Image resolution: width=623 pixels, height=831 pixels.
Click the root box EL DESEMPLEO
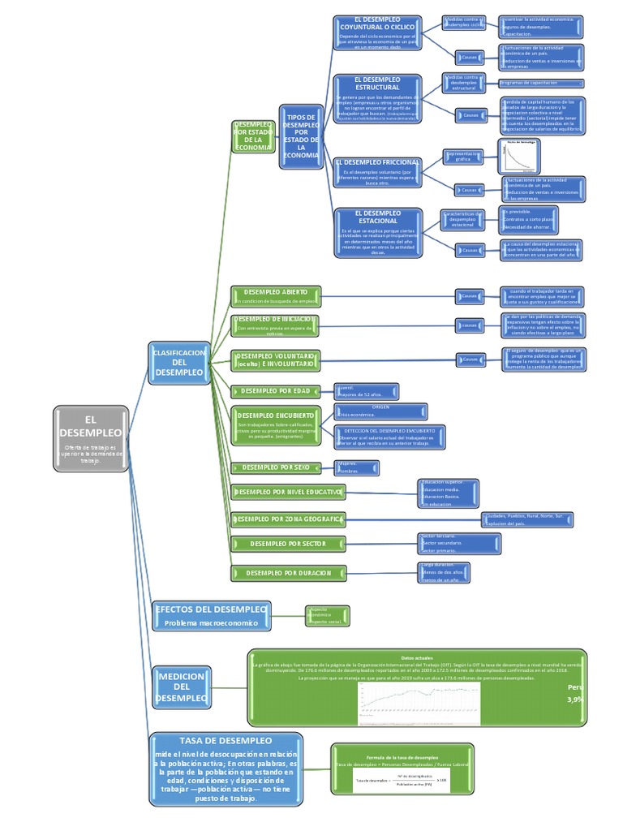(x=90, y=438)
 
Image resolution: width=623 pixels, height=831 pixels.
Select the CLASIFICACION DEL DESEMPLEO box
(x=179, y=361)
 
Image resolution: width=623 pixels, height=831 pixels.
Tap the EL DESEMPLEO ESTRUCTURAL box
(x=377, y=101)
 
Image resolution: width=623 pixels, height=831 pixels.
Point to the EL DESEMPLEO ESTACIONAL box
(x=377, y=232)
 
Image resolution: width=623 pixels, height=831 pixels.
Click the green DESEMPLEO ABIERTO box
(x=276, y=295)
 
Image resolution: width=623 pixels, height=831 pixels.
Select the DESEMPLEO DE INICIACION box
(x=276, y=325)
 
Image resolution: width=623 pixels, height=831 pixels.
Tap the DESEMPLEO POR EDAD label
(x=276, y=390)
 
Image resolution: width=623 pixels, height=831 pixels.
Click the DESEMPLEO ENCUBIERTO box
(x=276, y=425)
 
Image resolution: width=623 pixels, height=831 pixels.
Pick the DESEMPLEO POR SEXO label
(x=276, y=467)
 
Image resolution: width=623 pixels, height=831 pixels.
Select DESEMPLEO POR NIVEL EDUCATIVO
(x=288, y=492)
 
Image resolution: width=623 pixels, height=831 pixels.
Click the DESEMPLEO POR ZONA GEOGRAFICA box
(x=288, y=518)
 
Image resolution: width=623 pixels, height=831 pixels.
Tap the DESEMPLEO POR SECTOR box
(x=288, y=543)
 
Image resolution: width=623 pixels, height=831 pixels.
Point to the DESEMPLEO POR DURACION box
(x=288, y=573)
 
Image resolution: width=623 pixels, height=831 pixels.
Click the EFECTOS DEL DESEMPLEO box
(x=210, y=615)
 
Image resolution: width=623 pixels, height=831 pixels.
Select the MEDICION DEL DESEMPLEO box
(x=182, y=687)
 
